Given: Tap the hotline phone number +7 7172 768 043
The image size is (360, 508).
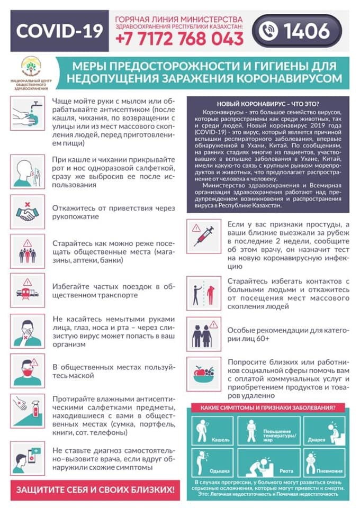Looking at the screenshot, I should [x=179, y=39].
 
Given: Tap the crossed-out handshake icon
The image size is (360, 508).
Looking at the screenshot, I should [x=28, y=211].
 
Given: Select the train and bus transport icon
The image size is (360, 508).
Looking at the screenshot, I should [x=28, y=292].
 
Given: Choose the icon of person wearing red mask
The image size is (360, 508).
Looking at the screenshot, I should [x=28, y=371].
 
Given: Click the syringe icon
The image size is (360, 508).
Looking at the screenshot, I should [x=203, y=236].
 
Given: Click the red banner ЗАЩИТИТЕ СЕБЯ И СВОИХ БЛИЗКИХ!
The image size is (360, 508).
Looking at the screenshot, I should [x=95, y=490].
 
